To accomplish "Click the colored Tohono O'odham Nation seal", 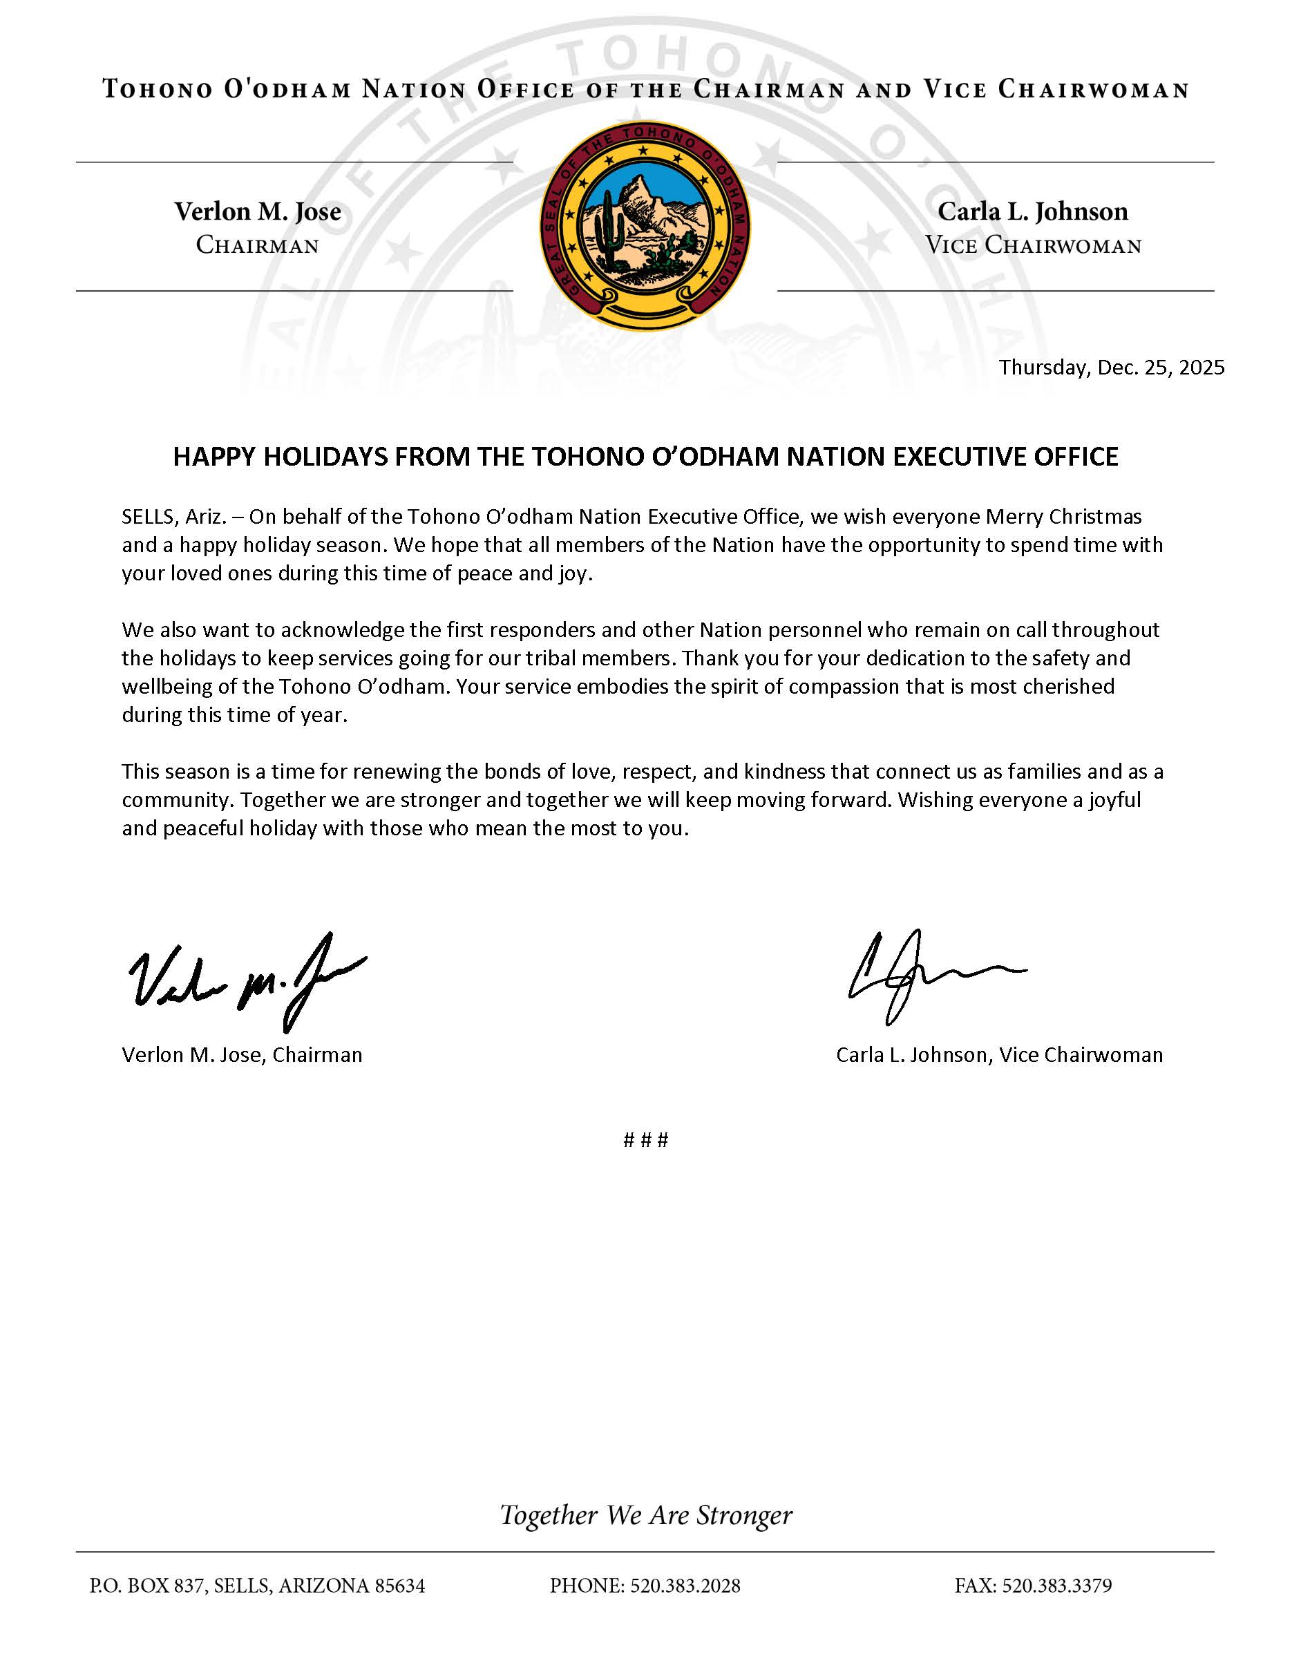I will click(645, 226).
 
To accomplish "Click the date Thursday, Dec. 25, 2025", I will click(1112, 368).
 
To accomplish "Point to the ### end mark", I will click(646, 1140).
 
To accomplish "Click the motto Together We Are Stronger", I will click(646, 1514).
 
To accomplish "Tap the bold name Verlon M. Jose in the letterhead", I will click(258, 211).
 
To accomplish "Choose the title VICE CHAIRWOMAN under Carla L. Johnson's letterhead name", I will click(1034, 246).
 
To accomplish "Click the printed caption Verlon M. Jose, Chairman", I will click(242, 1055).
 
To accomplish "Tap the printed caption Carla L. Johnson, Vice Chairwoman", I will click(999, 1055).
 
